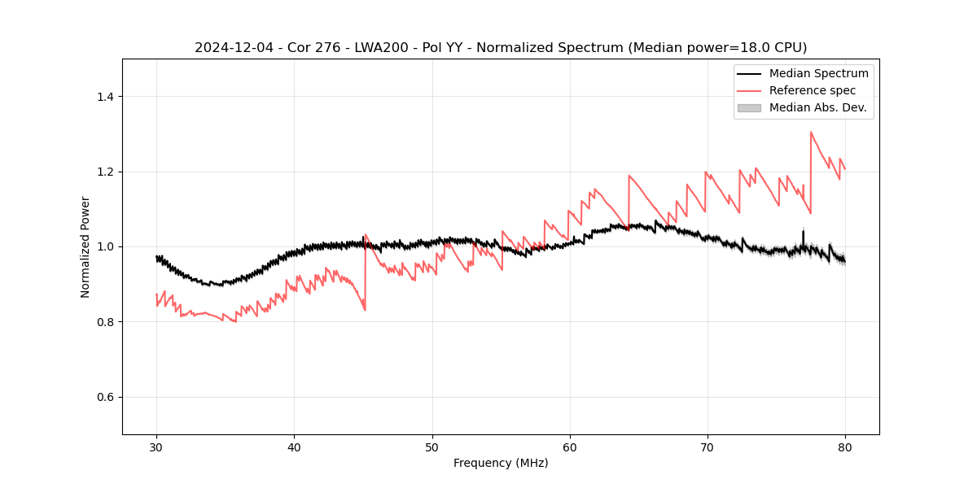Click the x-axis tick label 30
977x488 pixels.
[x=156, y=447]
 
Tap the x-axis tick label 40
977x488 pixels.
[x=294, y=447]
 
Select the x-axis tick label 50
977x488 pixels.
[x=432, y=447]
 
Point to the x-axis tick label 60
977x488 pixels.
[x=570, y=447]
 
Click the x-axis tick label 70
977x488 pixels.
[x=708, y=447]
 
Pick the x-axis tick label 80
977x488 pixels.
[x=845, y=447]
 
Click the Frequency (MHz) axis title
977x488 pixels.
[x=501, y=463]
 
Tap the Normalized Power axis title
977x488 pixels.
[x=85, y=246]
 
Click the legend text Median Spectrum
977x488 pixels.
[x=818, y=73]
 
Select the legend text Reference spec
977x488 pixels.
[x=813, y=90]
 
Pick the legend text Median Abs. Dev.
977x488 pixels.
[x=818, y=107]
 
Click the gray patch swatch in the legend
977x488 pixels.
[x=749, y=107]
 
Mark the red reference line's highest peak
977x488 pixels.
[x=811, y=132]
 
